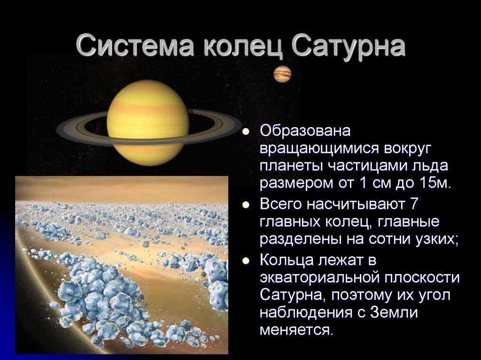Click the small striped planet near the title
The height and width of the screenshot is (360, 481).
pyautogui.click(x=282, y=74)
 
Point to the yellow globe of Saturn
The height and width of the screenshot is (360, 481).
pyautogui.click(x=147, y=123)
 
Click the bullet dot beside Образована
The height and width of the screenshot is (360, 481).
pyautogui.click(x=245, y=132)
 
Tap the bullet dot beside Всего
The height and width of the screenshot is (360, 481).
pyautogui.click(x=245, y=205)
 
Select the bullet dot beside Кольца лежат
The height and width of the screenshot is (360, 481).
pyautogui.click(x=245, y=260)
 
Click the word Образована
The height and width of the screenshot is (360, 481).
pyautogui.click(x=305, y=131)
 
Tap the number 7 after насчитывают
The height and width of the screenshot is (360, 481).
pyautogui.click(x=414, y=204)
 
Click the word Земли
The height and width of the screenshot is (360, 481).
pyautogui.click(x=394, y=313)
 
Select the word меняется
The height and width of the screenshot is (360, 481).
pyautogui.click(x=296, y=330)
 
